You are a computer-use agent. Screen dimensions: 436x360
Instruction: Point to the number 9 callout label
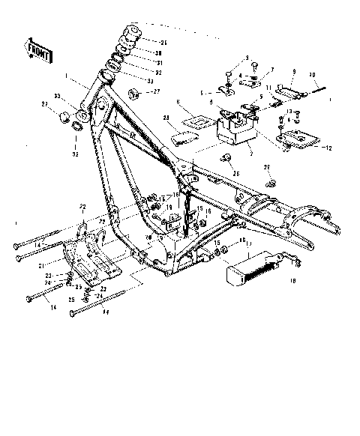(294, 71)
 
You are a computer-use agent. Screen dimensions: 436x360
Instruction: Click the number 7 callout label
(273, 70)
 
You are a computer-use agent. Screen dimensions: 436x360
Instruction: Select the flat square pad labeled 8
(201, 118)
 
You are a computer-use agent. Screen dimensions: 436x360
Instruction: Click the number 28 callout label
(168, 118)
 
